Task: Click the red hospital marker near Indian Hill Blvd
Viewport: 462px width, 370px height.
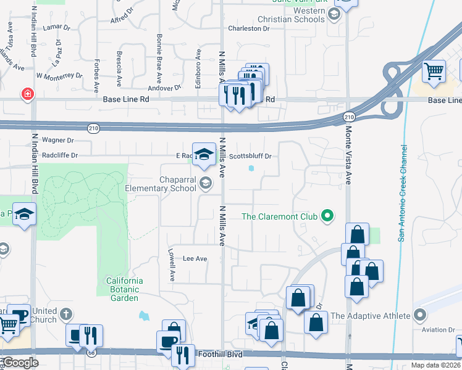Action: point(28,94)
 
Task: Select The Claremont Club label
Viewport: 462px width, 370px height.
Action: point(279,216)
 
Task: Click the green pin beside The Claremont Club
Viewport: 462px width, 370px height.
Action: point(329,216)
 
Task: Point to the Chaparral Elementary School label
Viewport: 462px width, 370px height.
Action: point(161,184)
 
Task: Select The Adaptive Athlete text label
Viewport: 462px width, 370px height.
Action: point(371,316)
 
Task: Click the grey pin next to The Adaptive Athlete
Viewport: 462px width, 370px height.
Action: point(420,316)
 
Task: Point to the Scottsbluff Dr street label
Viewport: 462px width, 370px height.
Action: point(250,156)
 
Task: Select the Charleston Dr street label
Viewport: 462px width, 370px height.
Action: point(249,28)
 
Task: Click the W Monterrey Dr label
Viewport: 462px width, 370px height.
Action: point(59,76)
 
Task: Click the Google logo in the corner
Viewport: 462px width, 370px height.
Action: point(20,363)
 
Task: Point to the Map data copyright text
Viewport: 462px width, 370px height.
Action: point(435,365)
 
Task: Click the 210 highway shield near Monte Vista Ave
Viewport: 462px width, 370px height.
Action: point(350,116)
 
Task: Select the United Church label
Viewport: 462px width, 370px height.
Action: point(45,315)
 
